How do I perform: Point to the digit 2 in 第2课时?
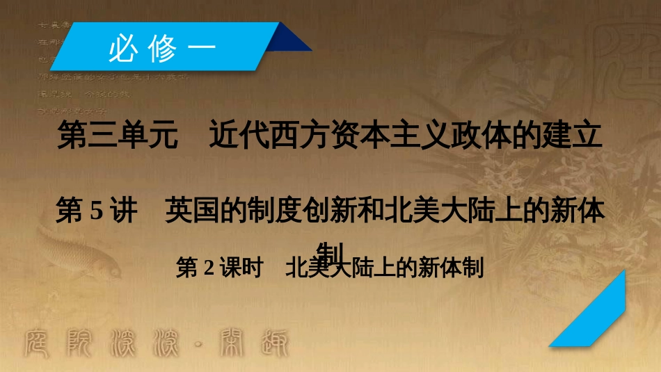point(208,268)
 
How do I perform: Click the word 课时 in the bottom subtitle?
point(241,268)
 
